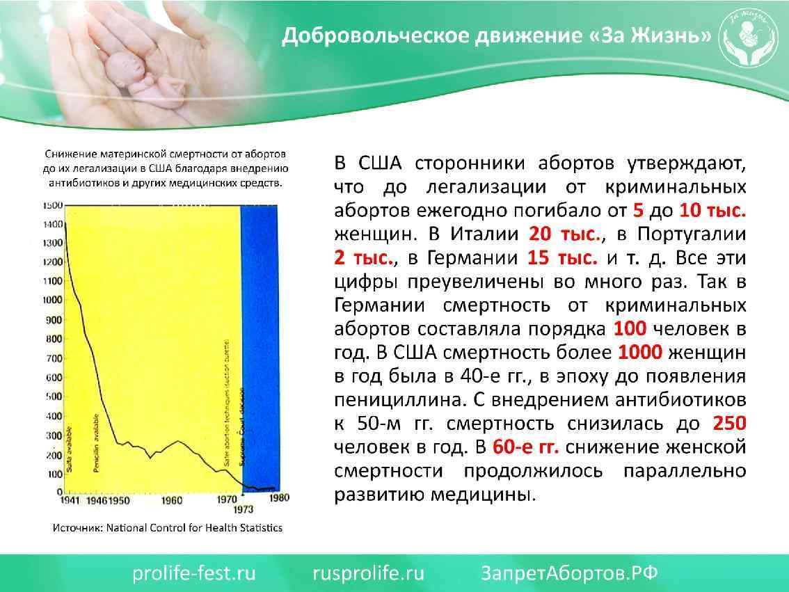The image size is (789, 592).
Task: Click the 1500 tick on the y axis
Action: pyautogui.click(x=53, y=206)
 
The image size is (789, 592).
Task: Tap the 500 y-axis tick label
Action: pyautogui.click(x=55, y=397)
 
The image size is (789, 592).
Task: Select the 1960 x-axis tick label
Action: pyautogui.click(x=170, y=500)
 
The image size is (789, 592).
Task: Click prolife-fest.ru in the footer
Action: pyautogui.click(x=195, y=573)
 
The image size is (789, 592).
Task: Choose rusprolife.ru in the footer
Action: pyautogui.click(x=368, y=573)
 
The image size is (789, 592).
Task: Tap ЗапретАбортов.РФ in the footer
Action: pyautogui.click(x=569, y=573)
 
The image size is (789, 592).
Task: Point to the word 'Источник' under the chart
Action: pyautogui.click(x=78, y=528)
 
